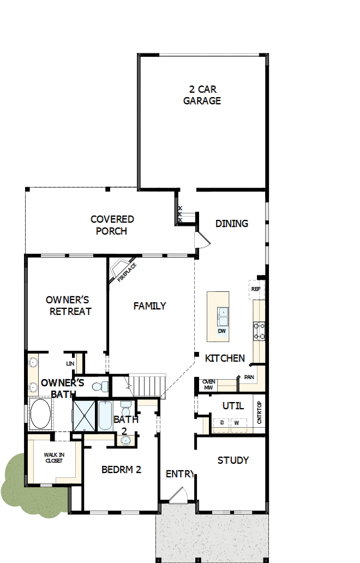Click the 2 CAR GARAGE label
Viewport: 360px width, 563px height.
point(202,95)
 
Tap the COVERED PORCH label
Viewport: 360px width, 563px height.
point(112,225)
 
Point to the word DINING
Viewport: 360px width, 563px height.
point(232,223)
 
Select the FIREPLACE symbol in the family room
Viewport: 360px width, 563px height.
point(123,271)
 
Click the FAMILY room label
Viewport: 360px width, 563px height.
point(149,306)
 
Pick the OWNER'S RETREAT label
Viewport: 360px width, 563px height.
point(68,306)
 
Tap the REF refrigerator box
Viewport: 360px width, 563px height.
point(256,289)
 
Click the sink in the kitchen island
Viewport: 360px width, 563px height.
point(223,315)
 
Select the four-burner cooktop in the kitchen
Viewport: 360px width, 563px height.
point(259,330)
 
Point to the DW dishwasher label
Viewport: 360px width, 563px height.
point(221,331)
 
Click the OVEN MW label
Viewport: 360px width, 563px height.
point(208,385)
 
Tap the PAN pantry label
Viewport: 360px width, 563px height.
point(249,377)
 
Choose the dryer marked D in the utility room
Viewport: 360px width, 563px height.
point(221,423)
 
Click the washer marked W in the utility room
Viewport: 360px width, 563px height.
point(236,423)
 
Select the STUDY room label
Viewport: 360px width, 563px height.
point(233,460)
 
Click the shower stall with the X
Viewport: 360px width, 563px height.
point(84,416)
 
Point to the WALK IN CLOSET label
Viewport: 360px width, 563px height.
point(53,458)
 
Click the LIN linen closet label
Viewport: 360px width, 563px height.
point(70,363)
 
